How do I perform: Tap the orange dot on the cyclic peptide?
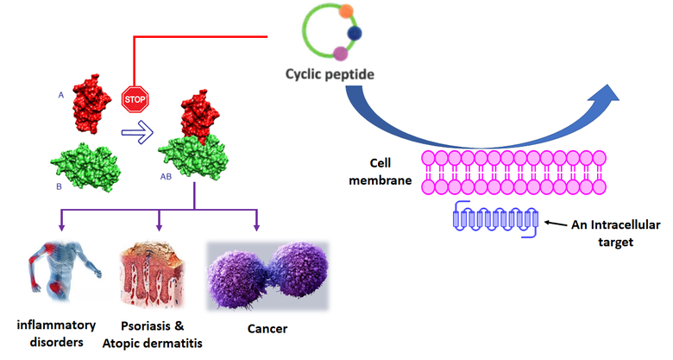(x=345, y=12)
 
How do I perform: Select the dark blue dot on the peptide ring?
(x=355, y=33)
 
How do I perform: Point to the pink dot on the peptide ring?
(x=340, y=54)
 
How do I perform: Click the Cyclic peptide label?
(x=330, y=75)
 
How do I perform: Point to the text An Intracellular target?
(x=612, y=233)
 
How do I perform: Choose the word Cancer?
(x=267, y=328)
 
